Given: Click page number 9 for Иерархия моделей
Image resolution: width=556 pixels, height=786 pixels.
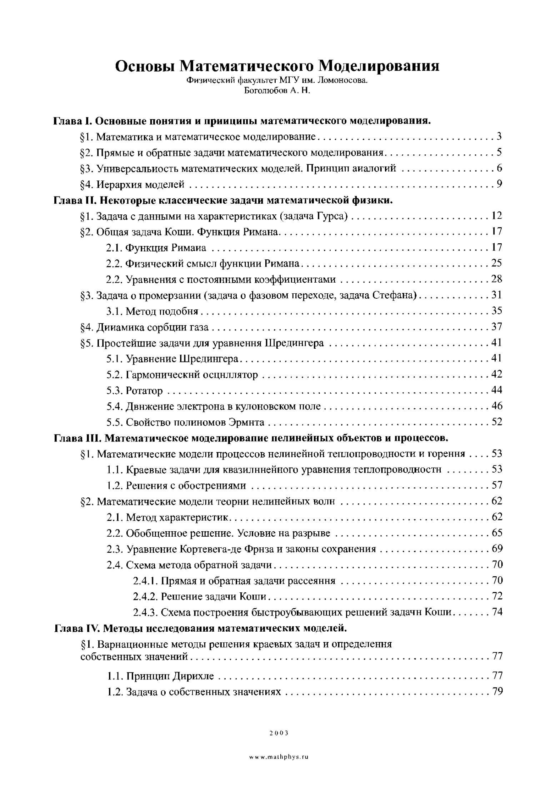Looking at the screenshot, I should click(499, 184).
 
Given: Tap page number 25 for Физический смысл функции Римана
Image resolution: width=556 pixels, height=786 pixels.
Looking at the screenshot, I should click(496, 263).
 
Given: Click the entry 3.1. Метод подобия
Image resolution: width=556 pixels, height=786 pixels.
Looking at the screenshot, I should click(152, 311).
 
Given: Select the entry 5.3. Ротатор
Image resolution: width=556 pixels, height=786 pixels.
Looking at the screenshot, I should click(135, 391).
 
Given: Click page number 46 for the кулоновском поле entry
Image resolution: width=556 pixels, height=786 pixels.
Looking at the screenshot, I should click(496, 406).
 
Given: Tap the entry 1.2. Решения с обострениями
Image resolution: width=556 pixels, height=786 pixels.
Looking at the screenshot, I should click(176, 486).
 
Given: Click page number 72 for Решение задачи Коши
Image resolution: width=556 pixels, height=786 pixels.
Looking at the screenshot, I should click(497, 596).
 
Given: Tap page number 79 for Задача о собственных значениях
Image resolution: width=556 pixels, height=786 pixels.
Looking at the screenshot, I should click(497, 692).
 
